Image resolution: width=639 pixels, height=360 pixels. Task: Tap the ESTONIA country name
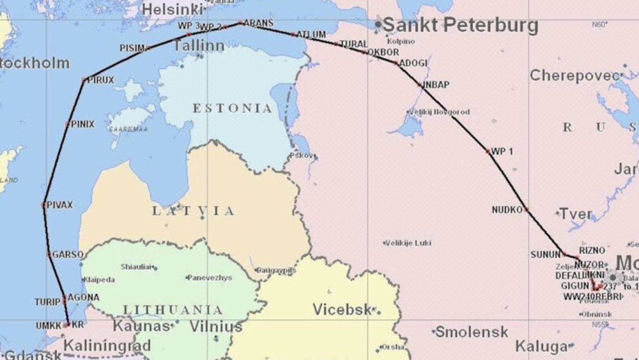(x=233, y=108)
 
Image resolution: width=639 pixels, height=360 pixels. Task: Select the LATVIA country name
(x=193, y=211)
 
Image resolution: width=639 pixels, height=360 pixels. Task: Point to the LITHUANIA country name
(x=164, y=309)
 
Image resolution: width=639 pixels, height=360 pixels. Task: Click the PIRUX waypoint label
(x=100, y=80)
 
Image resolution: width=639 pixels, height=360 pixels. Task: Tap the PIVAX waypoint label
(x=59, y=205)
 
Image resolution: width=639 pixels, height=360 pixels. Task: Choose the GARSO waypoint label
(x=68, y=254)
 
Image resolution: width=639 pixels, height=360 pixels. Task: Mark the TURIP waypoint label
(x=47, y=301)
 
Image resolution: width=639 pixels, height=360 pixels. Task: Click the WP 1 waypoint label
(x=502, y=152)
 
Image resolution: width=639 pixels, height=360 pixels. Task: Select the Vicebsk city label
(x=342, y=310)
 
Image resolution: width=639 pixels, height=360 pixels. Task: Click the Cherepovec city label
(x=575, y=75)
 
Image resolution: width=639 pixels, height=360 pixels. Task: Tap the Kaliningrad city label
(x=114, y=346)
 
